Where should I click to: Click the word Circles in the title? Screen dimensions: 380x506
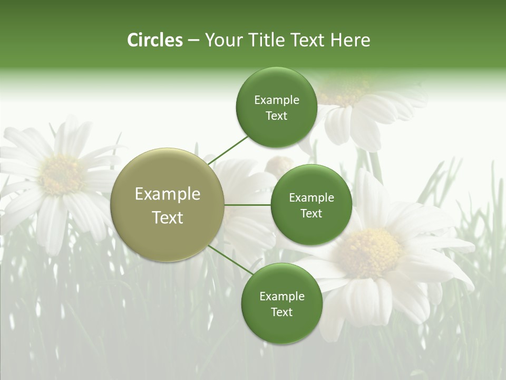pos(155,40)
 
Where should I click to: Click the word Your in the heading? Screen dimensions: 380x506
pos(223,40)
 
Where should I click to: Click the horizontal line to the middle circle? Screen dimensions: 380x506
pos(248,205)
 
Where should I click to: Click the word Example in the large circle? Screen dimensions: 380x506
pos(168,194)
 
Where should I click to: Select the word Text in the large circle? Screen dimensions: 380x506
pos(168,217)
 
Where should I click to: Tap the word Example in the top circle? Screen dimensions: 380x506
pos(277,100)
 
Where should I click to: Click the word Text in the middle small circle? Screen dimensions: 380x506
pos(311,213)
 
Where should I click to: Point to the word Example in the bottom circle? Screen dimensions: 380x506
pos(282,296)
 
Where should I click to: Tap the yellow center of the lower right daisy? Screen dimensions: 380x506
pos(369,252)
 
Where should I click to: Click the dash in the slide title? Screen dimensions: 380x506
pos(193,41)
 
